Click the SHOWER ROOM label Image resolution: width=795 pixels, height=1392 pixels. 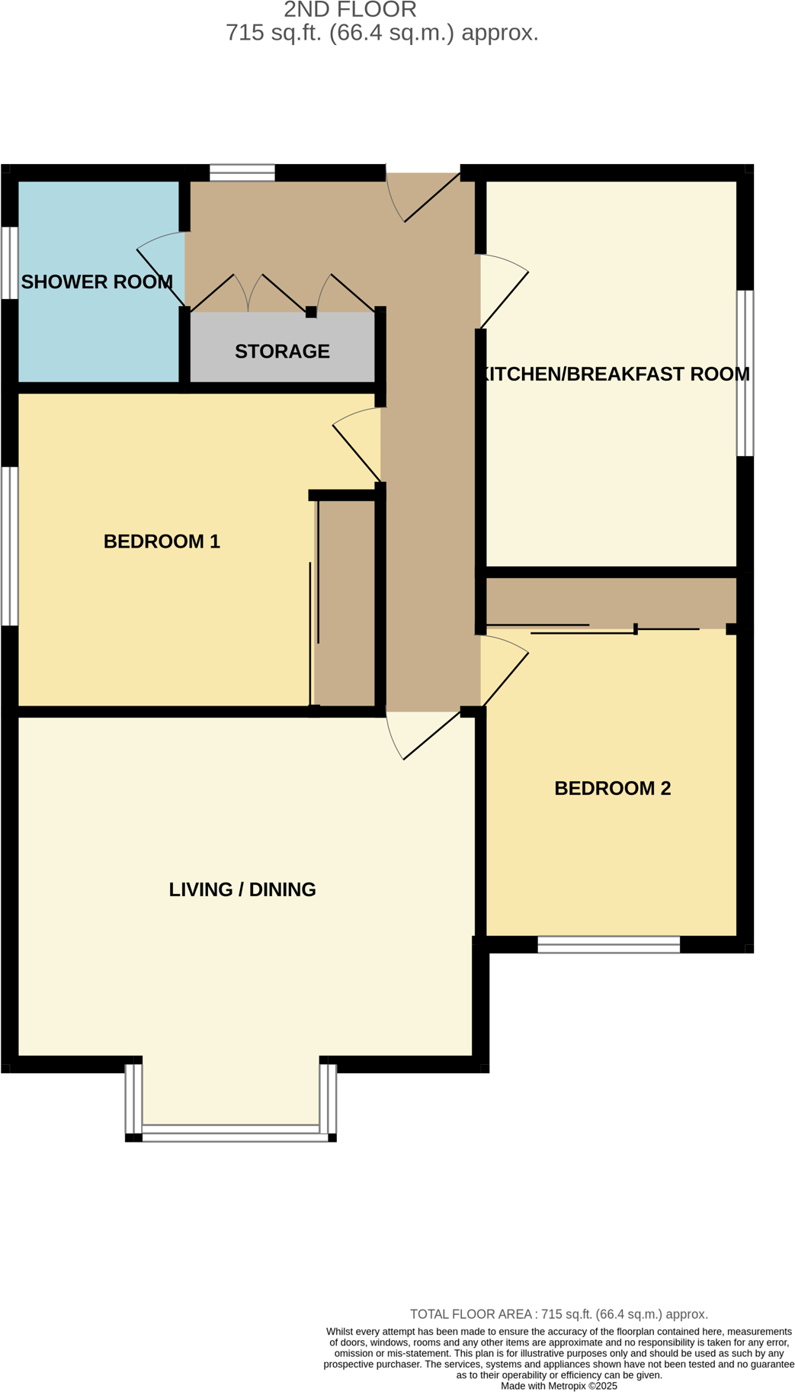[97, 282]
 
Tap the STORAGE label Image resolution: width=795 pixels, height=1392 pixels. [282, 352]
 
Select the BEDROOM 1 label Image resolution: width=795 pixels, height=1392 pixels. [162, 542]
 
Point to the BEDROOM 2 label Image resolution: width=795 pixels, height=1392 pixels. [612, 789]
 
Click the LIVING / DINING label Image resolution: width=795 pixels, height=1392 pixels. [242, 889]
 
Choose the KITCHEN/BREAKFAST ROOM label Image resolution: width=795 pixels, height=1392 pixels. [614, 375]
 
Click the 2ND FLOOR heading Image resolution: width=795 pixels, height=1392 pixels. [350, 10]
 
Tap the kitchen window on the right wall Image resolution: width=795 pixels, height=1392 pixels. [745, 373]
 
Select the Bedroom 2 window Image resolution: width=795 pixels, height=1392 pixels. [608, 945]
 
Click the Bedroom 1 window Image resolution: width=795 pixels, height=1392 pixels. [9, 546]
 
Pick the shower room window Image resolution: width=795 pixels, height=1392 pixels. [9, 262]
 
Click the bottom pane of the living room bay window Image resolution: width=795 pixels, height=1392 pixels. [231, 1132]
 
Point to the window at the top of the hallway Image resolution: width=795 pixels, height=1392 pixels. [242, 172]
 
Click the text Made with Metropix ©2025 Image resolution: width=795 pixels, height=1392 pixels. [559, 1385]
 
